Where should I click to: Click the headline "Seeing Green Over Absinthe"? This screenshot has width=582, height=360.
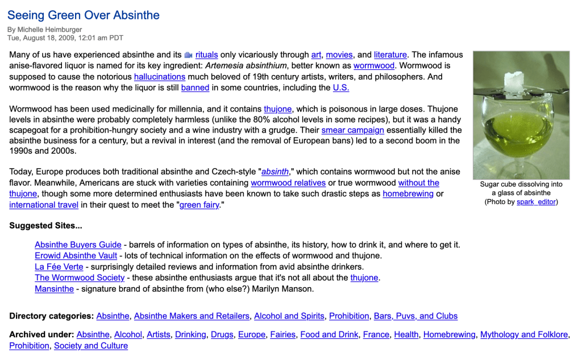[84, 15]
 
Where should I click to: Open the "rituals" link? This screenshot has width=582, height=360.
[206, 55]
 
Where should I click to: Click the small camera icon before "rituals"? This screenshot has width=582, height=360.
[188, 55]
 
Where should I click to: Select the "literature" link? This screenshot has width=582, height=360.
[390, 55]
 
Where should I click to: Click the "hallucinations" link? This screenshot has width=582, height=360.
[160, 77]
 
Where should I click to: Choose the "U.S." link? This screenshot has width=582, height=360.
[341, 88]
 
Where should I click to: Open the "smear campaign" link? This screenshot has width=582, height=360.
[352, 130]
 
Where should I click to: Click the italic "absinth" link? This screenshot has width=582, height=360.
[275, 172]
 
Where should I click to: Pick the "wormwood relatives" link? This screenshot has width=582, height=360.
[288, 183]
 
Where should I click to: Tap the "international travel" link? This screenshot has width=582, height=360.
[44, 205]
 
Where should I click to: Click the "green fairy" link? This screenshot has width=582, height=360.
[199, 205]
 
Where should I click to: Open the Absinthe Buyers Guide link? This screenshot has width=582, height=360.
[78, 245]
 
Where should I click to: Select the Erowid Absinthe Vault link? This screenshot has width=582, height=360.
[76, 256]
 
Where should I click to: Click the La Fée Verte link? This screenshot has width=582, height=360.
[59, 267]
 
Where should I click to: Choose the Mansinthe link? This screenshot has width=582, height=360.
[54, 289]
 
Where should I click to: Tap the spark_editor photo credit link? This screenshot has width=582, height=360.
[536, 202]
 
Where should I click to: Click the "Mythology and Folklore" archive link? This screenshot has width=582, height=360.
[523, 335]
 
